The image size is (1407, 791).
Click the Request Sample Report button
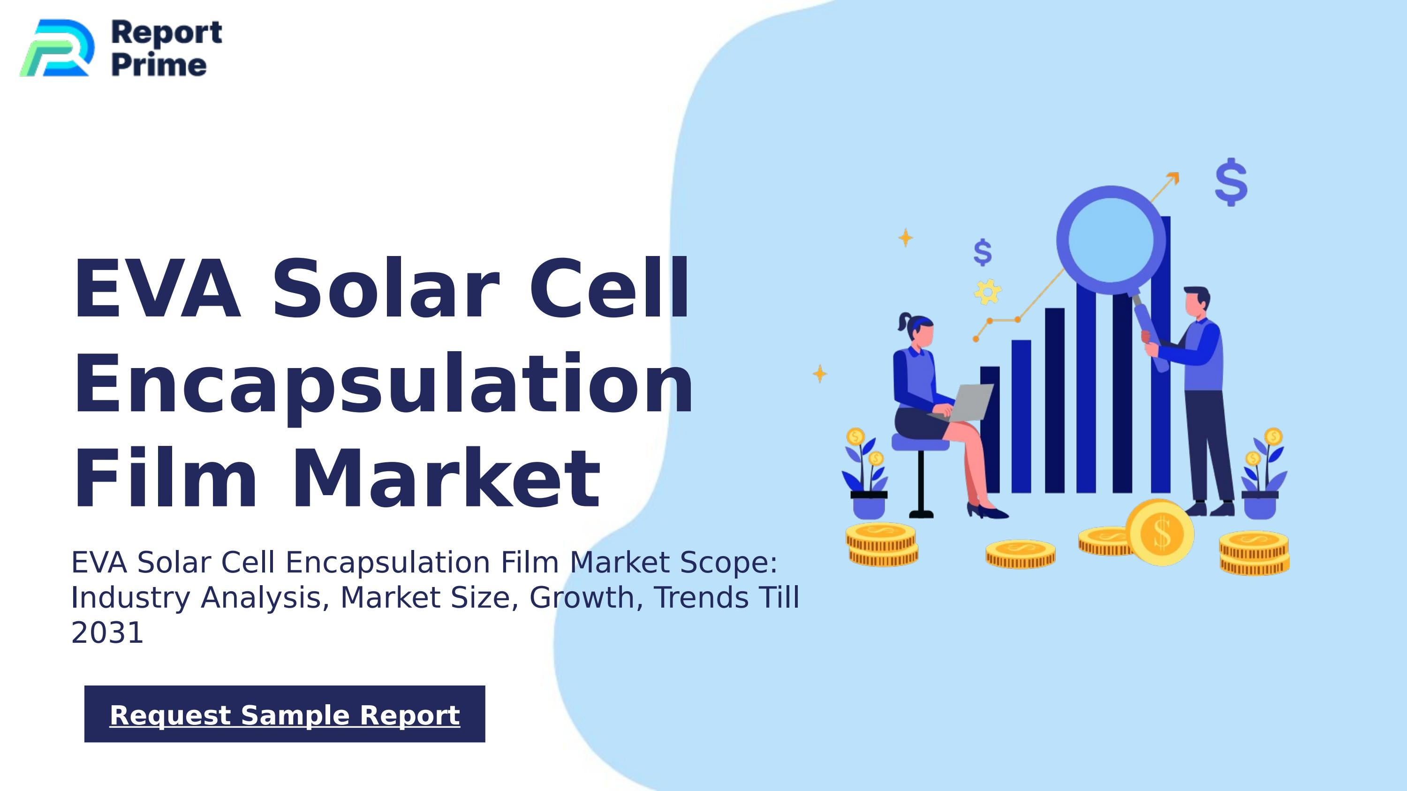pyautogui.click(x=285, y=714)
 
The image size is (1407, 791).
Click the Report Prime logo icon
pyautogui.click(x=57, y=48)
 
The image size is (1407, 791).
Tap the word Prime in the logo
pyautogui.click(x=159, y=65)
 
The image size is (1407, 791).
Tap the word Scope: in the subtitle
pyautogui.click(x=728, y=562)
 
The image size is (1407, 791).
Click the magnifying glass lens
pyautogui.click(x=1111, y=240)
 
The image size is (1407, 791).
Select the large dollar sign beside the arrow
pyautogui.click(x=1231, y=182)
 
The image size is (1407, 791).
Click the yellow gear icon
pyautogui.click(x=988, y=292)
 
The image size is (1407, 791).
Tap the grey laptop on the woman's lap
pyautogui.click(x=969, y=402)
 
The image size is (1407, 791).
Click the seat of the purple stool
pyautogui.click(x=920, y=443)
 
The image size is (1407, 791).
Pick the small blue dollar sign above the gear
pyautogui.click(x=983, y=252)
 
